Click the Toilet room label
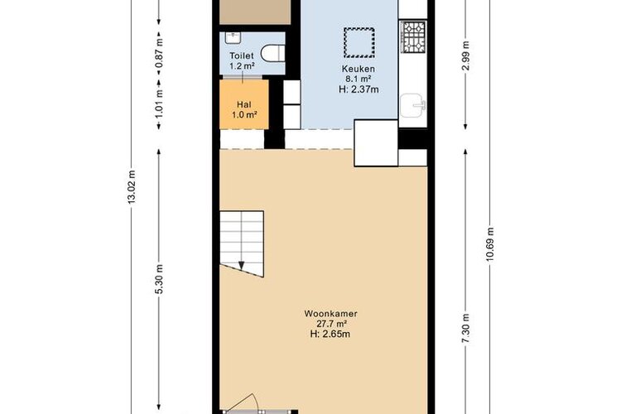coord(242,55)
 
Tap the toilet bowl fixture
coord(273,54)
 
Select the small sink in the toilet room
coord(233,37)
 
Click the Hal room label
coord(244,105)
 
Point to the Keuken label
coord(359,69)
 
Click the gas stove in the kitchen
coord(413,36)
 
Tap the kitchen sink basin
coord(412,106)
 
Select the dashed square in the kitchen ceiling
coord(359,42)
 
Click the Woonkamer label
coord(330,314)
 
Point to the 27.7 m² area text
coord(330,324)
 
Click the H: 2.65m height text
coord(330,334)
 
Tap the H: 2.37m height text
coord(359,89)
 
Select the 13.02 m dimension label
coord(132,187)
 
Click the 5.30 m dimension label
coord(159,279)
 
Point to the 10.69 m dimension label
coord(490,244)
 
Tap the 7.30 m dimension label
coord(465,329)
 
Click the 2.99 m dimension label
coord(465,55)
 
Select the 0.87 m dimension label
coord(159,53)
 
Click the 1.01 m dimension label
coord(159,103)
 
